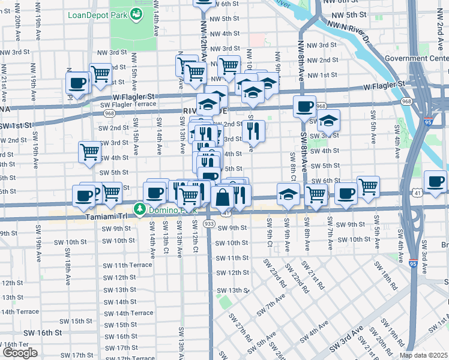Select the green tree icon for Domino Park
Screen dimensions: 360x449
coord(140,209)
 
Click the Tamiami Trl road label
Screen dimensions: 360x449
coord(107,217)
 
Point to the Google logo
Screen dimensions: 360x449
coord(20,353)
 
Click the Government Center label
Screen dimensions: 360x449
coord(417,58)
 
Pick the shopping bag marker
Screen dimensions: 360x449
coord(222,196)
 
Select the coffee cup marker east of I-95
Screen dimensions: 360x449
coord(435,181)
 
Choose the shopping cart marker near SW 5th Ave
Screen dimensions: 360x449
coord(368,187)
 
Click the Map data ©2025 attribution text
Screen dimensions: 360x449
coord(424,355)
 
